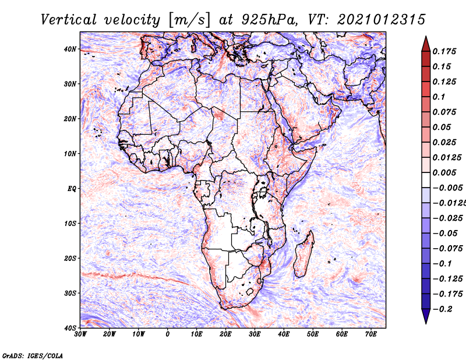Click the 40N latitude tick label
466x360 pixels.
(x=70, y=49)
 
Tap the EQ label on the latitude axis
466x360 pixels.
(x=72, y=189)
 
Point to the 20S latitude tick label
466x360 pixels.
(x=70, y=258)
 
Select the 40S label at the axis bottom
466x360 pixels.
(x=70, y=328)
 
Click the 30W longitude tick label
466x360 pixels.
(x=80, y=334)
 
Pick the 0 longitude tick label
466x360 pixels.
(x=168, y=334)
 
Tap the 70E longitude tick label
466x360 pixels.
(x=371, y=334)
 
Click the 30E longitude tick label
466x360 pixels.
(x=255, y=334)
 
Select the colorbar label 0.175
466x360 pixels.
(x=444, y=52)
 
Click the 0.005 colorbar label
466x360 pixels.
(x=444, y=172)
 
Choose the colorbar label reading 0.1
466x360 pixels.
(x=439, y=97)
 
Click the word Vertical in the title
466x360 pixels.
(x=69, y=20)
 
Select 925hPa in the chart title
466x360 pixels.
(x=269, y=20)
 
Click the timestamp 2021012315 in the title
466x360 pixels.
(x=382, y=20)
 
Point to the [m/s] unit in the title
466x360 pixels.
(x=189, y=20)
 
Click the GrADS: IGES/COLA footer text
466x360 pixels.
(x=33, y=355)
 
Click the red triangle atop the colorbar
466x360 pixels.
(x=426, y=44)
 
